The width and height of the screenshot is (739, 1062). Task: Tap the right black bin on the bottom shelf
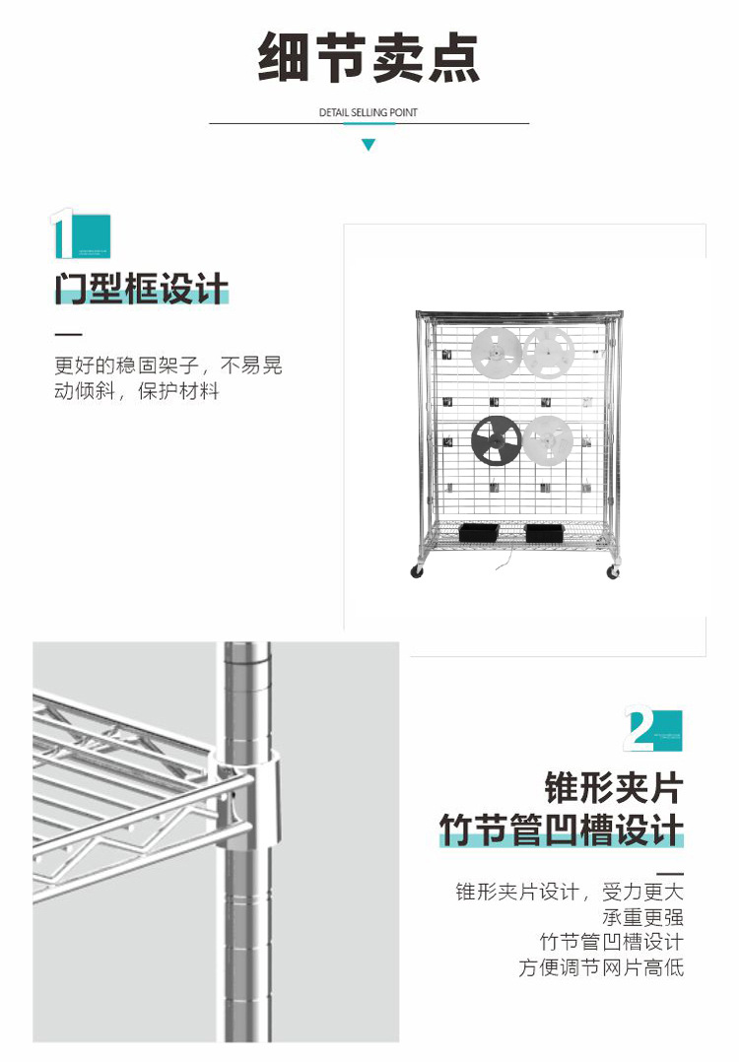tap(543, 533)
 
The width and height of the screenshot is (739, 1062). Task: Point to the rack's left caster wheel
tap(417, 571)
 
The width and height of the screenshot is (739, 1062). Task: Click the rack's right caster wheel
tap(612, 571)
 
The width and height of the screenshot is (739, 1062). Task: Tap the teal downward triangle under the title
tap(369, 145)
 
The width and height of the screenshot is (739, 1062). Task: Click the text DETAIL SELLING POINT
tap(369, 113)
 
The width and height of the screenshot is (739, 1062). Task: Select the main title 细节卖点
tap(369, 57)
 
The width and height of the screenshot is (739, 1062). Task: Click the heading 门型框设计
tap(141, 290)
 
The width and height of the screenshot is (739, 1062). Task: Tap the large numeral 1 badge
tap(81, 234)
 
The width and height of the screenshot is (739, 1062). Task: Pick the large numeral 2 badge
tap(653, 729)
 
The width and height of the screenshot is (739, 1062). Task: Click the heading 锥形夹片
tap(613, 788)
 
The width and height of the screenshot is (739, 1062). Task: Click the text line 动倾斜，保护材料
tap(136, 391)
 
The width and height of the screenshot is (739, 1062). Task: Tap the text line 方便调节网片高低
tap(601, 967)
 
